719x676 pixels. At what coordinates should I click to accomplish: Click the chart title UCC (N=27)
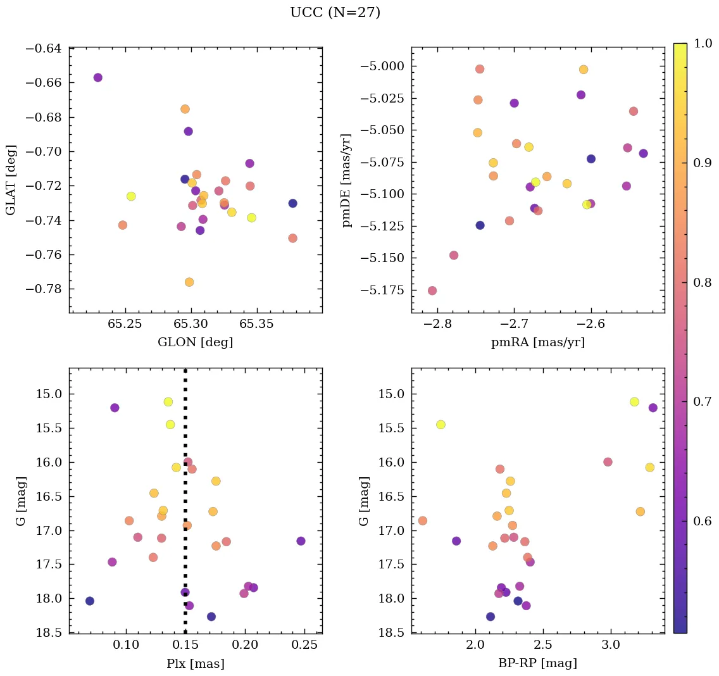pos(335,13)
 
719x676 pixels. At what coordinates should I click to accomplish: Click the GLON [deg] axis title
pos(195,342)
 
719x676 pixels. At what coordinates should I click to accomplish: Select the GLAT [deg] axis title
pos(11,179)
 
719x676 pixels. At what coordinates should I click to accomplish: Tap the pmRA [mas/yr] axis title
pos(537,342)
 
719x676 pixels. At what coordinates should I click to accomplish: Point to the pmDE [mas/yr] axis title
pos(346,180)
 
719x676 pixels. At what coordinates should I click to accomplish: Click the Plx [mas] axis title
pos(195,663)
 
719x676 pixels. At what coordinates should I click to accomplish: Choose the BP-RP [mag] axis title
pos(537,663)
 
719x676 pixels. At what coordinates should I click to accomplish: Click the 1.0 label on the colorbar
pos(702,44)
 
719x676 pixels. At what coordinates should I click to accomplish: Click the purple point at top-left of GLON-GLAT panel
pos(97,77)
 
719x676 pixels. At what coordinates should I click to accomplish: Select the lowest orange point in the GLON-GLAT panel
pos(189,282)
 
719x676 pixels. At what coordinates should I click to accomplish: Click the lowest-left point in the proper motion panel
pos(432,291)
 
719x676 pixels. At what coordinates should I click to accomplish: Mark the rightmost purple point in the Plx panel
pos(301,541)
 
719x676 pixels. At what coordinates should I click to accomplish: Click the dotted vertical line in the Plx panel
pos(185,506)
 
